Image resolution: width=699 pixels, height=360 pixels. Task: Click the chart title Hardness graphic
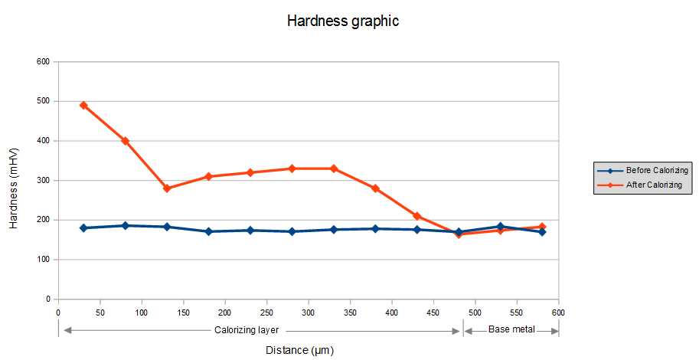pos(343,21)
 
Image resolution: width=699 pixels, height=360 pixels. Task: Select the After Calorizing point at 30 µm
pos(83,105)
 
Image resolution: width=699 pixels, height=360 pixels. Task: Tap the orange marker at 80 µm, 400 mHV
pos(125,141)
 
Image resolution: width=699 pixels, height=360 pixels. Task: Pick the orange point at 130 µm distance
pos(167,188)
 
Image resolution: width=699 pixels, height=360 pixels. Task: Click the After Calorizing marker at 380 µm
pos(375,188)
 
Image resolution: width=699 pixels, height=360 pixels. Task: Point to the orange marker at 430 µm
pos(417,216)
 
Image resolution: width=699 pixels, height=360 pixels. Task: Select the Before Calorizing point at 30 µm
pos(83,228)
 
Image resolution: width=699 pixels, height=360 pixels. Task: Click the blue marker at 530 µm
pos(501,227)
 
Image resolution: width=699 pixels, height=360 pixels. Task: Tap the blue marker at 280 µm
pos(292,231)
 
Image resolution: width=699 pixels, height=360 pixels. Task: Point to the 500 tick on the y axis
pos(44,101)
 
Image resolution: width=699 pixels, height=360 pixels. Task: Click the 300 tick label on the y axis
pos(44,181)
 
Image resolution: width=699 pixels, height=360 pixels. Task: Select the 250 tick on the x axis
pos(266,313)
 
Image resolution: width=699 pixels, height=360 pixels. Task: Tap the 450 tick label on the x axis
pos(433,313)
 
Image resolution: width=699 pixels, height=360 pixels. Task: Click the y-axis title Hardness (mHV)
pos(14,180)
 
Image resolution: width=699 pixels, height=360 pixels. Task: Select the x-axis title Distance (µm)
pos(299,350)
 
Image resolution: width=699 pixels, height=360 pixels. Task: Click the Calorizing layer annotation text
pos(246,330)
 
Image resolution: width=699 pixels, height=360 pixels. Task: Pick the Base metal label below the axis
pos(511,330)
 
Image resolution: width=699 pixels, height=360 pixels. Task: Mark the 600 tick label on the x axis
pos(558,313)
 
